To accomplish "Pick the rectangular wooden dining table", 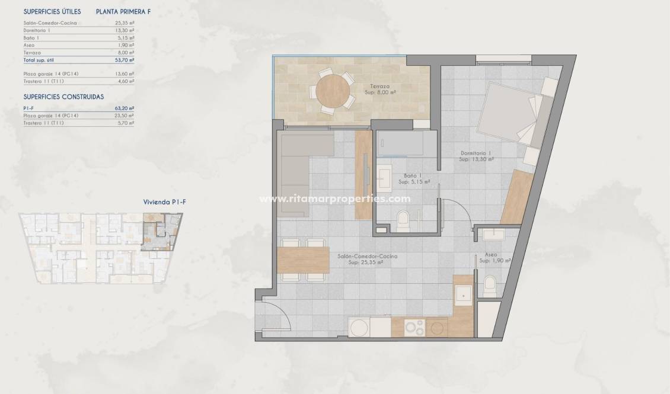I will click(x=303, y=260).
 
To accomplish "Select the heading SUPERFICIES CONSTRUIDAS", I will click(x=64, y=96).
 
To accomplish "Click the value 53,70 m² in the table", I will click(x=125, y=60).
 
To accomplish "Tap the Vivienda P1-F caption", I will click(x=165, y=202).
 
